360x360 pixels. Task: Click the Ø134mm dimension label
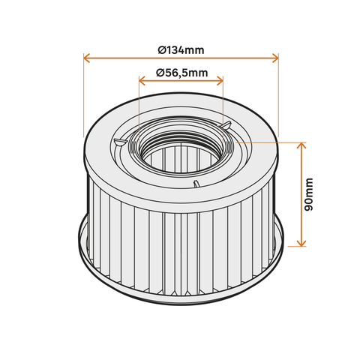click(x=181, y=50)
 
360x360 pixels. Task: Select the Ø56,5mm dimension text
click(x=182, y=73)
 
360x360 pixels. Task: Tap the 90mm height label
click(x=309, y=194)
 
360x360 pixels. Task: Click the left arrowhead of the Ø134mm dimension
click(x=86, y=58)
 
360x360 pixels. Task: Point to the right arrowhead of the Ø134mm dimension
click(x=275, y=58)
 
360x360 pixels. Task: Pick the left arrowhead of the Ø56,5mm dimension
click(x=142, y=80)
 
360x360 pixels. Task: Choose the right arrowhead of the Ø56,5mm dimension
click(x=220, y=80)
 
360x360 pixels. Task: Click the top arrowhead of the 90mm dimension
click(x=301, y=145)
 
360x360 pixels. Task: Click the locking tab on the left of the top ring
click(x=119, y=142)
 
